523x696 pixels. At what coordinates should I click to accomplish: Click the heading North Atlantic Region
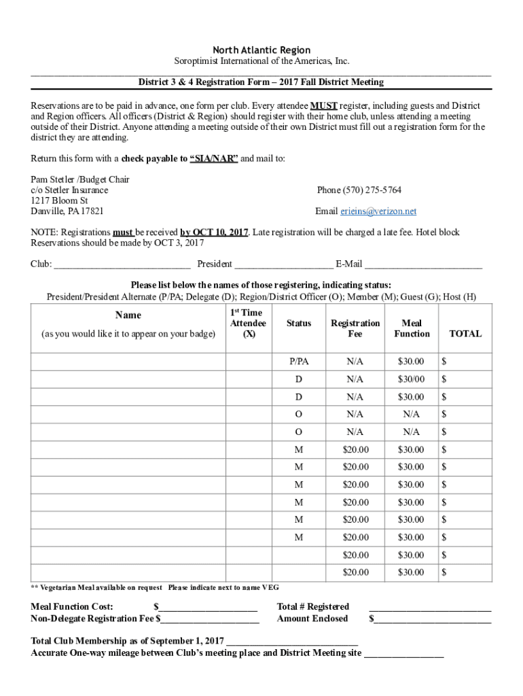pyautogui.click(x=261, y=50)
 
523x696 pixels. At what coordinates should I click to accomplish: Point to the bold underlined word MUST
pyautogui.click(x=323, y=106)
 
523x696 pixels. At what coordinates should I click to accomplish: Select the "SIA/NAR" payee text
pyautogui.click(x=214, y=158)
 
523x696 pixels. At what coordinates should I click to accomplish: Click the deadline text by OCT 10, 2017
pyautogui.click(x=214, y=232)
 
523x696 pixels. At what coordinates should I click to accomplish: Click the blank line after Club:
pyautogui.click(x=122, y=264)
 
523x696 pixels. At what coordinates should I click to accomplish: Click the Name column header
pyautogui.click(x=128, y=315)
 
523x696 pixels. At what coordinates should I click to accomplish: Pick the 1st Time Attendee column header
pyautogui.click(x=248, y=323)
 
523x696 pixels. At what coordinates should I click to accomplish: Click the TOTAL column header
pyautogui.click(x=465, y=334)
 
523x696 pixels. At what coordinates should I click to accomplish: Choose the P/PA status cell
pyautogui.click(x=299, y=361)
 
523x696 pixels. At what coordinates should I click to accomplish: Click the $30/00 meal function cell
pyautogui.click(x=411, y=379)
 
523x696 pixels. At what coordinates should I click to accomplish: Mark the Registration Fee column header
pyautogui.click(x=355, y=328)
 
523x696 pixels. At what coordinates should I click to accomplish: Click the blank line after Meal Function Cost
pyautogui.click(x=208, y=607)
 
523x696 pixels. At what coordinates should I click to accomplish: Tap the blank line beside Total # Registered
pyautogui.click(x=429, y=607)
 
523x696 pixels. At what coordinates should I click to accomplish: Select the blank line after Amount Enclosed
pyautogui.click(x=432, y=619)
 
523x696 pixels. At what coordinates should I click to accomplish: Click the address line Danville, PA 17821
pyautogui.click(x=67, y=211)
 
